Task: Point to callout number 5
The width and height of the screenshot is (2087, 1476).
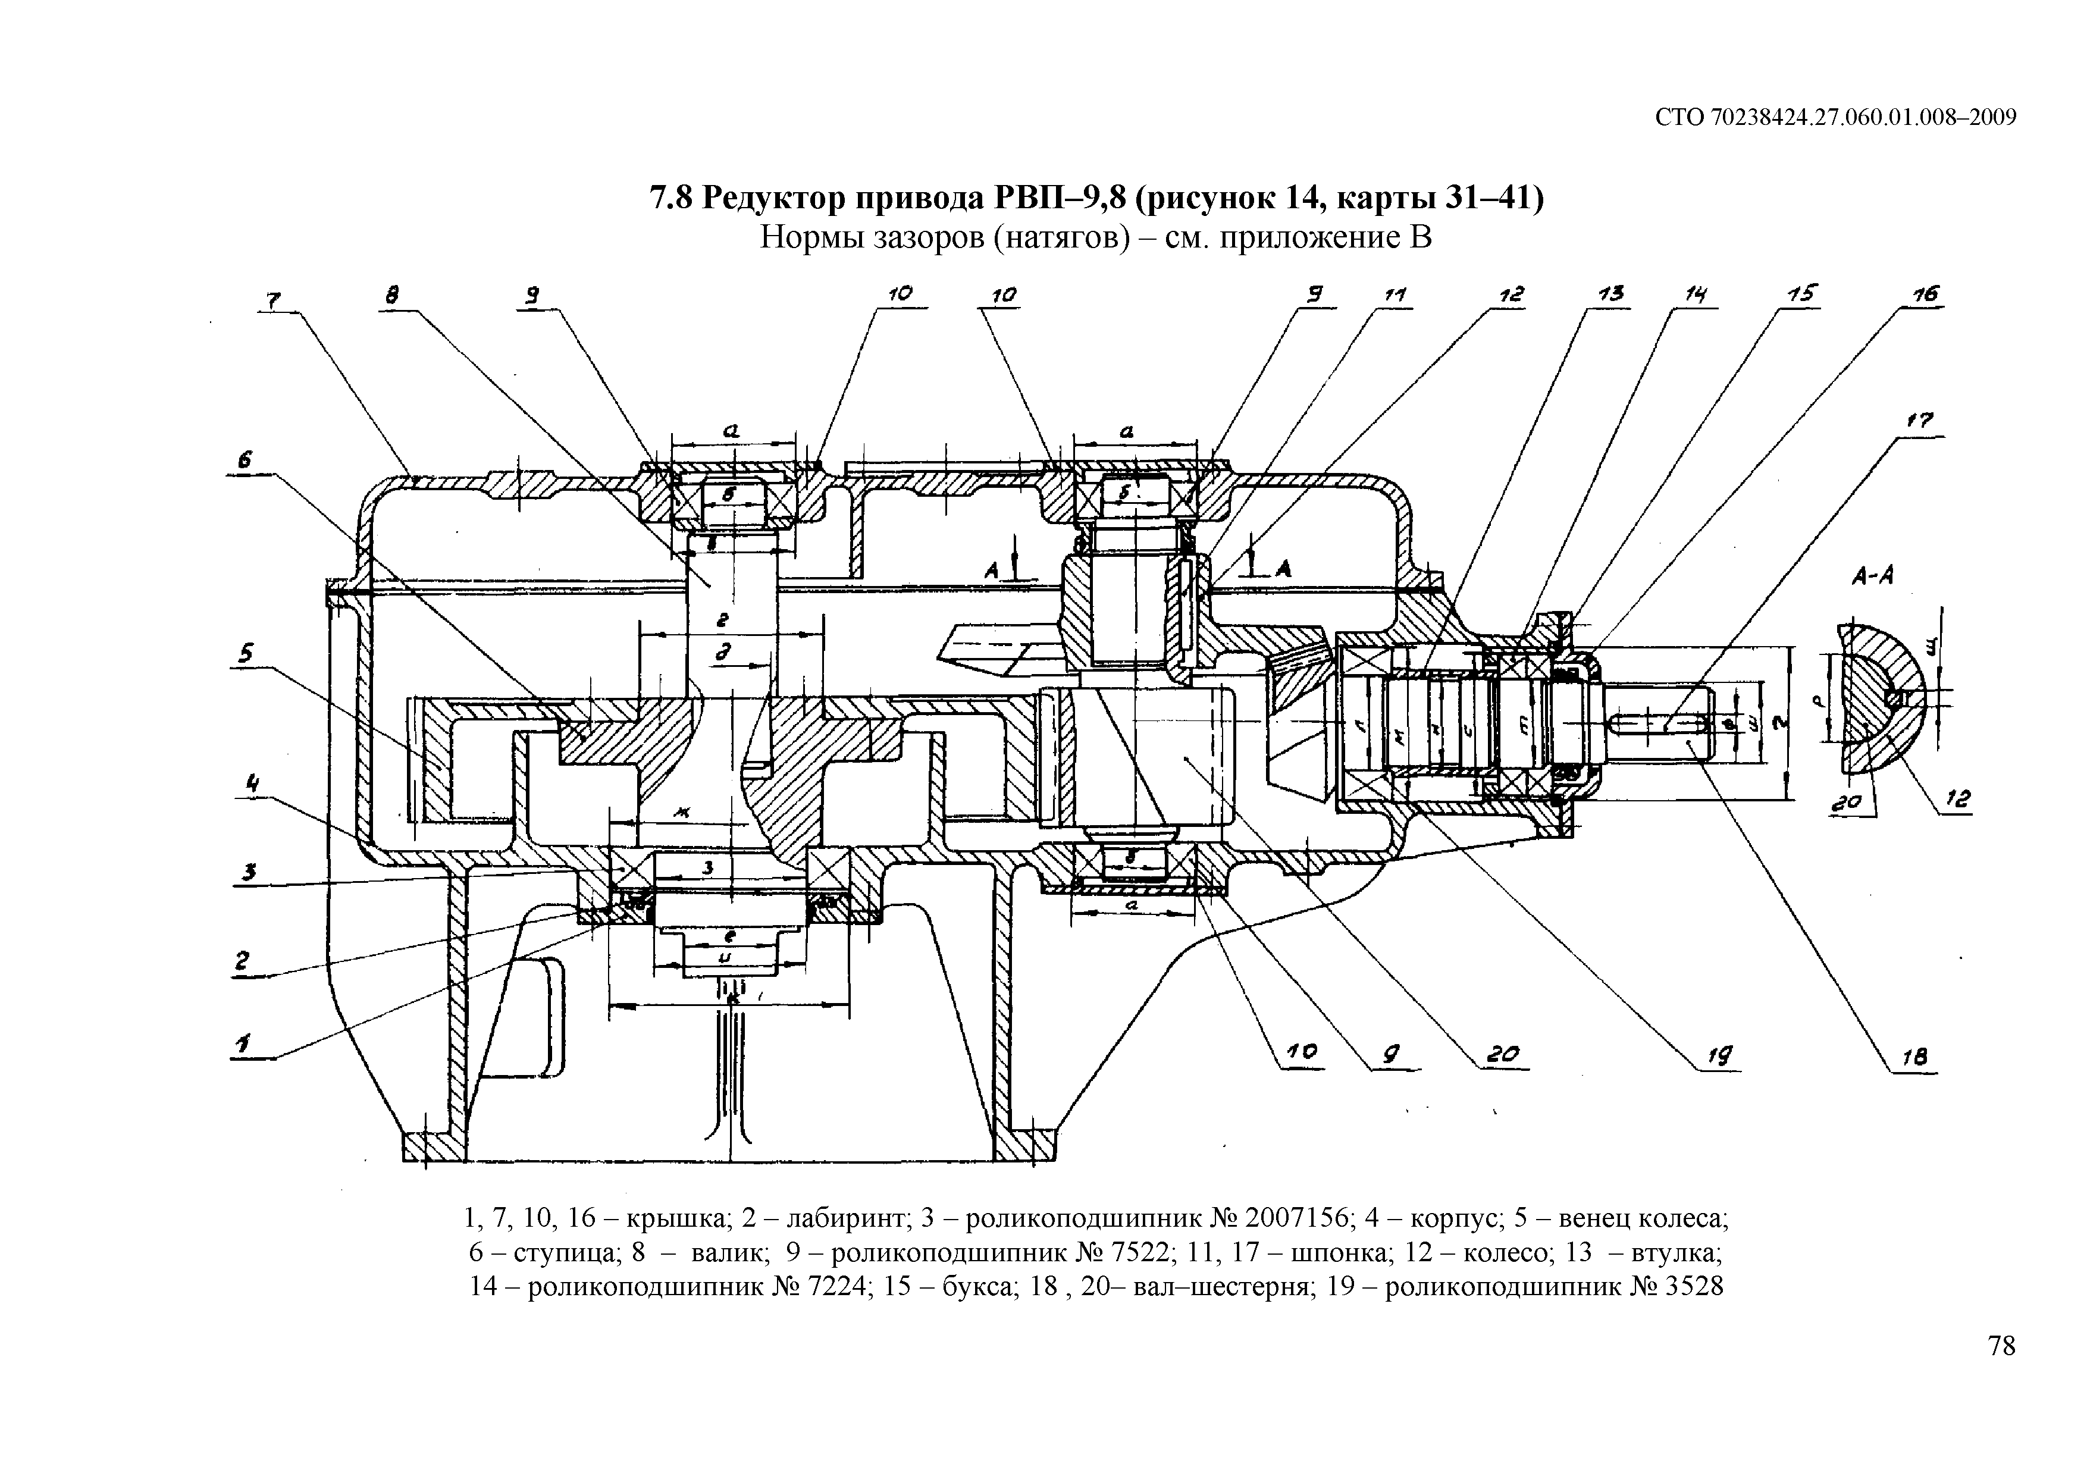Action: (x=246, y=653)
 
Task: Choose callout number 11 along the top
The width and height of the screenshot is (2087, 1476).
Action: (x=1395, y=296)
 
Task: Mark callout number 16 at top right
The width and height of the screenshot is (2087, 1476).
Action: (x=1925, y=294)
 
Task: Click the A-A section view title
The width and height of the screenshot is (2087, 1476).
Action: (x=1872, y=575)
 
